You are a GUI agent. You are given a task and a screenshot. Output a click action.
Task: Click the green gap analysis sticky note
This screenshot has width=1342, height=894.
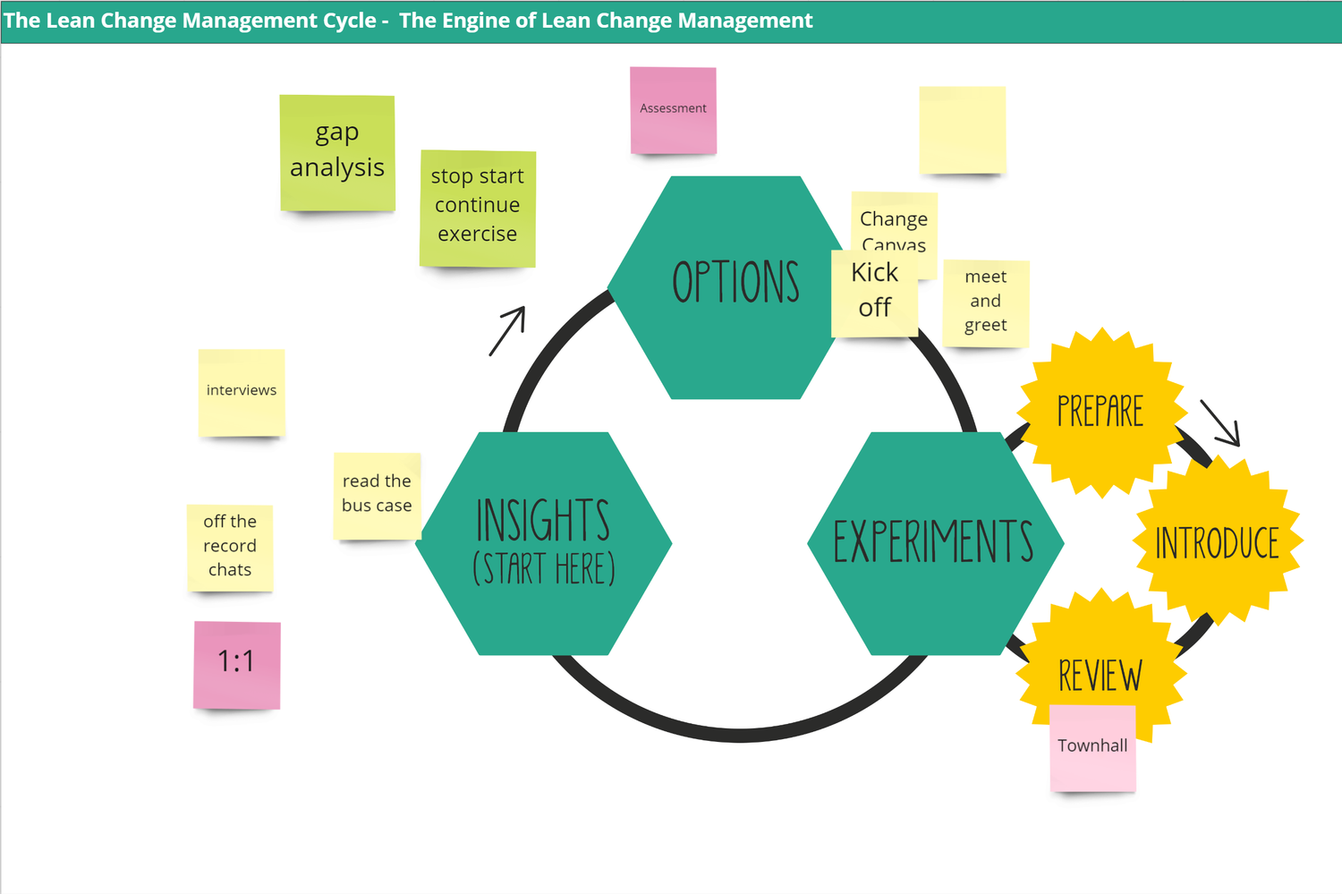[337, 152]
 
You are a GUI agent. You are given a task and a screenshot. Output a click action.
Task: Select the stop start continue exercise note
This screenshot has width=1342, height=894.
[477, 208]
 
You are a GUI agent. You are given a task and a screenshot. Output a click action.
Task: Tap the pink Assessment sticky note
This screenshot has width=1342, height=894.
[673, 109]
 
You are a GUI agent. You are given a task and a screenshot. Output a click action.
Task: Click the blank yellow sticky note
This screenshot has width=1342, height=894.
[962, 130]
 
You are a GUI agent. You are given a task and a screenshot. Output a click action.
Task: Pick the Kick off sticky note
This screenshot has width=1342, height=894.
[874, 292]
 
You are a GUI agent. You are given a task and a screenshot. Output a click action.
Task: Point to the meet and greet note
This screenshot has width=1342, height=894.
[986, 302]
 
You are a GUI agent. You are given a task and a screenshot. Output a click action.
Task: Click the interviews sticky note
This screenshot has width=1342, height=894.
[242, 392]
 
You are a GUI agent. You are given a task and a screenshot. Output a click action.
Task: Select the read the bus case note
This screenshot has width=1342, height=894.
[376, 495]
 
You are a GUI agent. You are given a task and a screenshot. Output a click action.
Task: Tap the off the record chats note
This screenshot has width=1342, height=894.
[230, 547]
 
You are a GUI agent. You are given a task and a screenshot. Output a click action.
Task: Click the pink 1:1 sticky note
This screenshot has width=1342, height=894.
[237, 664]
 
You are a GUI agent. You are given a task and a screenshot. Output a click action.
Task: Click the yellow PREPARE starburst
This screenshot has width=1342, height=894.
[1100, 412]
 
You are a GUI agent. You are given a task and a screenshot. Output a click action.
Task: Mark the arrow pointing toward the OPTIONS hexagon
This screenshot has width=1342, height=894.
[507, 331]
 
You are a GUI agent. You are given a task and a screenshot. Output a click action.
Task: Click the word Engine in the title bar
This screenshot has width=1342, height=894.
[474, 21]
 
